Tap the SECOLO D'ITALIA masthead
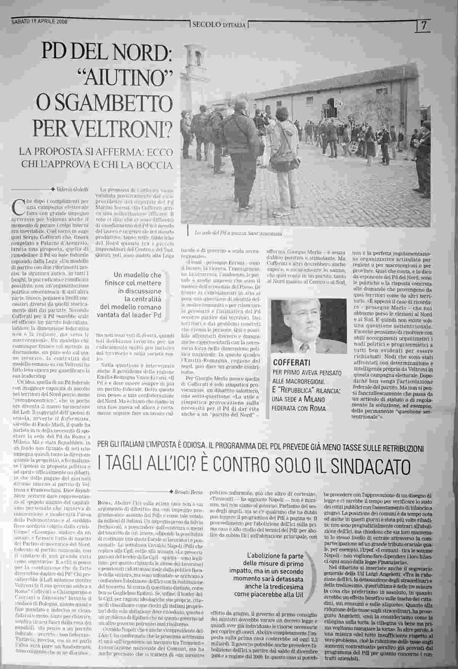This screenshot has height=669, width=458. pos(219,25)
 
